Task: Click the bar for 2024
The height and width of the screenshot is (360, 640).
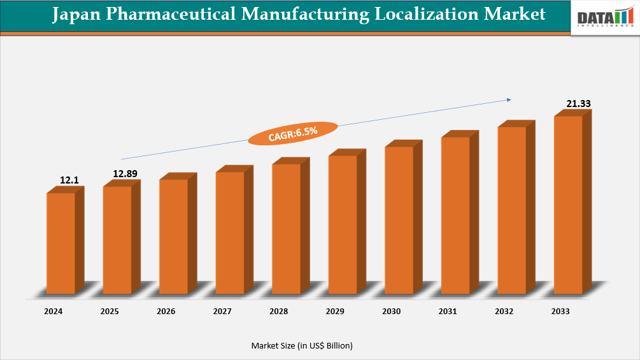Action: pyautogui.click(x=61, y=243)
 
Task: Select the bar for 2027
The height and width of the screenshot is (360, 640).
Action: pyautogui.click(x=230, y=233)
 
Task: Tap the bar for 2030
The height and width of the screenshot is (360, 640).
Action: pyautogui.click(x=399, y=220)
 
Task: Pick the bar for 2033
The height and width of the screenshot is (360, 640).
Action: pyautogui.click(x=568, y=205)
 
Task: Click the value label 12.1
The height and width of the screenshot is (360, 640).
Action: pyautogui.click(x=69, y=180)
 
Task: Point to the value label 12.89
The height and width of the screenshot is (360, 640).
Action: pyautogui.click(x=125, y=173)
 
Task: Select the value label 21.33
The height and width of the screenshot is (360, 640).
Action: pyautogui.click(x=579, y=103)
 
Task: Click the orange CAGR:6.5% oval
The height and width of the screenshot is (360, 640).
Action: pyautogui.click(x=293, y=133)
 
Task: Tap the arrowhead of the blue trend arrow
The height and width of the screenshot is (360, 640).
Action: pyautogui.click(x=509, y=99)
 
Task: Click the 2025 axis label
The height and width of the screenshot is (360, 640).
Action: pyautogui.click(x=110, y=312)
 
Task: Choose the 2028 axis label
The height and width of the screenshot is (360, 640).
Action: pyautogui.click(x=278, y=312)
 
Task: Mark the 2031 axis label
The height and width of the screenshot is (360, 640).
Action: pyautogui.click(x=448, y=312)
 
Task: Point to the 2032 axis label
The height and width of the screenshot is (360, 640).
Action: pyautogui.click(x=504, y=312)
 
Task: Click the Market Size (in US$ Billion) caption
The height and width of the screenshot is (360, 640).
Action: pyautogui.click(x=302, y=345)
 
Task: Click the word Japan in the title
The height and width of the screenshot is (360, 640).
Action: pyautogui.click(x=78, y=14)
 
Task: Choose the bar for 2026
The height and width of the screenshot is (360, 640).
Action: pyautogui.click(x=173, y=236)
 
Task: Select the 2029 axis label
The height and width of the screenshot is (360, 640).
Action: pyautogui.click(x=335, y=312)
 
